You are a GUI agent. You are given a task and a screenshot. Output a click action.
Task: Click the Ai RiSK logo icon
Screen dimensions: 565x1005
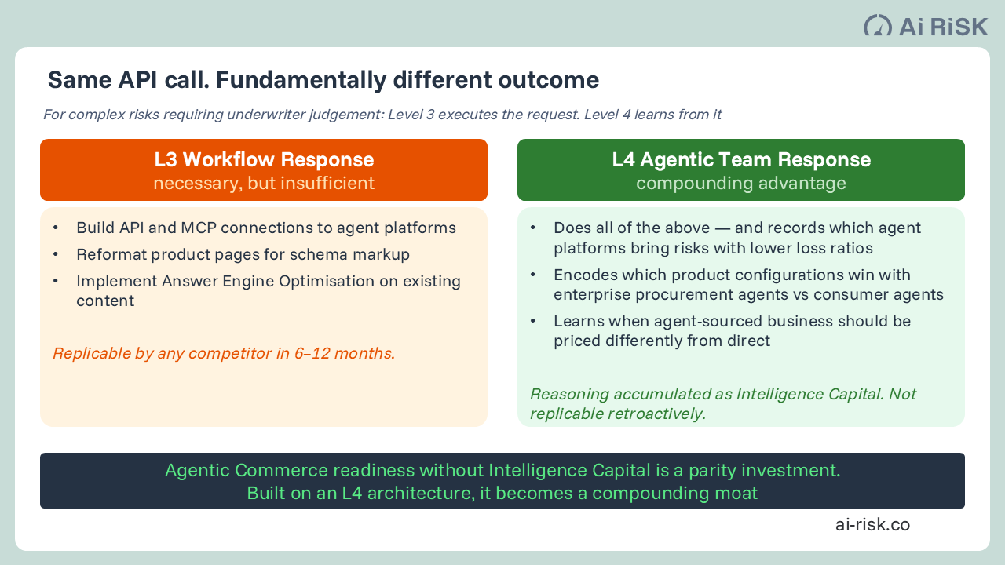[x=877, y=26]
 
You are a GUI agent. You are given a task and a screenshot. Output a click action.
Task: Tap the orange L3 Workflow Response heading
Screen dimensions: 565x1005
[x=264, y=160]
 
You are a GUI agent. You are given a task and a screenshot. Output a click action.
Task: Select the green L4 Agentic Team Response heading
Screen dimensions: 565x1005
[x=741, y=160]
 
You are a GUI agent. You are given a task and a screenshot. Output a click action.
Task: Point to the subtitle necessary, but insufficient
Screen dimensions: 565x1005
[x=264, y=184]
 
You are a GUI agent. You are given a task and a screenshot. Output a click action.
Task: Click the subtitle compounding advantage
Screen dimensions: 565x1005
[x=741, y=184]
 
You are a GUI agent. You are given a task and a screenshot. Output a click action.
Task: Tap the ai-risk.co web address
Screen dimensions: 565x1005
[x=872, y=525]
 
